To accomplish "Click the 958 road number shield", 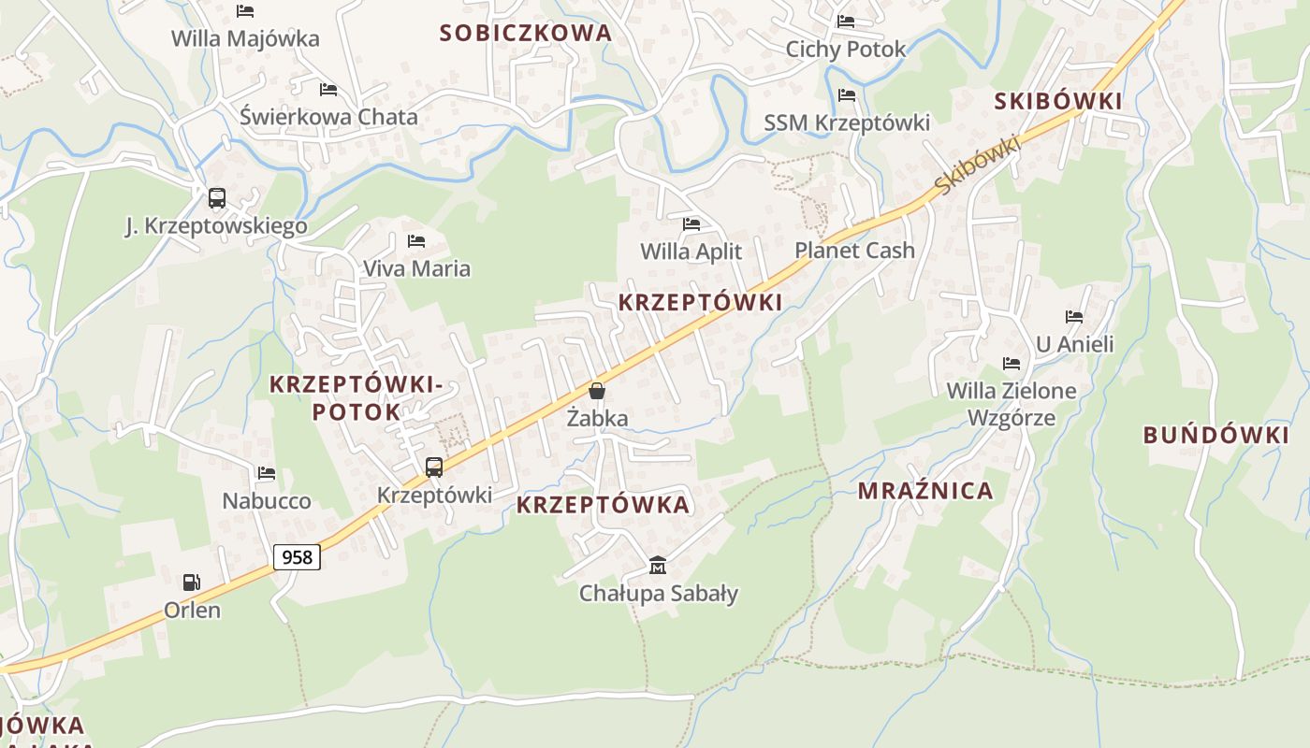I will [x=297, y=557].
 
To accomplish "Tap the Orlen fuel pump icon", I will [x=191, y=583].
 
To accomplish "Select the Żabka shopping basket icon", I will [x=597, y=391].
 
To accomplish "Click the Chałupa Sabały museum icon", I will [x=658, y=566].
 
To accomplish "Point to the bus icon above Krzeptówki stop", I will [x=434, y=467].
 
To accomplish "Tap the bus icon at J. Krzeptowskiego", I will [x=216, y=198].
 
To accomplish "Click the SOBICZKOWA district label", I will [x=526, y=34].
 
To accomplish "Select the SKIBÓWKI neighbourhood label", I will [x=1057, y=102].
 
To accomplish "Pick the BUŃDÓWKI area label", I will [x=1215, y=435].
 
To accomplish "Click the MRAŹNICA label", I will [x=925, y=491].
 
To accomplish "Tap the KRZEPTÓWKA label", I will [x=603, y=505].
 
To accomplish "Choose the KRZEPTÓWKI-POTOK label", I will [x=356, y=397].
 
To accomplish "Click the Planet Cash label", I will [x=854, y=251].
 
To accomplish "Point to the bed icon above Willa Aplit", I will [x=691, y=224].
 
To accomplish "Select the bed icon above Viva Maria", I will [x=416, y=241].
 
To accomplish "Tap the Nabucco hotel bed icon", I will [x=267, y=473].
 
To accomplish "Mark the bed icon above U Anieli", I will [x=1074, y=317].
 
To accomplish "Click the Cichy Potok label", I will [x=846, y=50].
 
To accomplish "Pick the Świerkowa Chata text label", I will [x=328, y=118].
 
